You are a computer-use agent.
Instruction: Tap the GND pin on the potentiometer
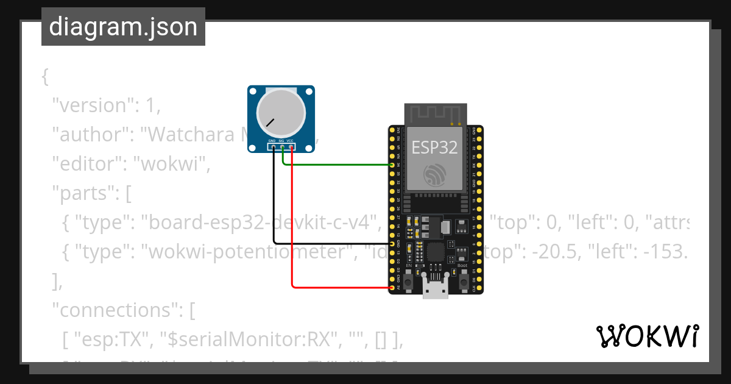click(x=274, y=146)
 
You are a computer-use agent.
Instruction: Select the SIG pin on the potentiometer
click(x=283, y=146)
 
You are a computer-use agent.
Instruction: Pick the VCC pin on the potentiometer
click(x=292, y=146)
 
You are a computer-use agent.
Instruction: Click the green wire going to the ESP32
click(x=341, y=165)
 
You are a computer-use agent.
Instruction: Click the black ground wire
click(x=274, y=207)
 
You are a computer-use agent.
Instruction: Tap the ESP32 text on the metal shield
click(x=434, y=147)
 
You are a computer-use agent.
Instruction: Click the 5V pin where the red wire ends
click(x=392, y=286)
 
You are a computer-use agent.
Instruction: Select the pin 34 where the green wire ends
click(x=392, y=165)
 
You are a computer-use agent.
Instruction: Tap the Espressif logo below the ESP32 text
click(x=435, y=175)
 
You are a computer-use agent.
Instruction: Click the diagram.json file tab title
click(x=123, y=27)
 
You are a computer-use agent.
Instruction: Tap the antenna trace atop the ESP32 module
click(x=435, y=114)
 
